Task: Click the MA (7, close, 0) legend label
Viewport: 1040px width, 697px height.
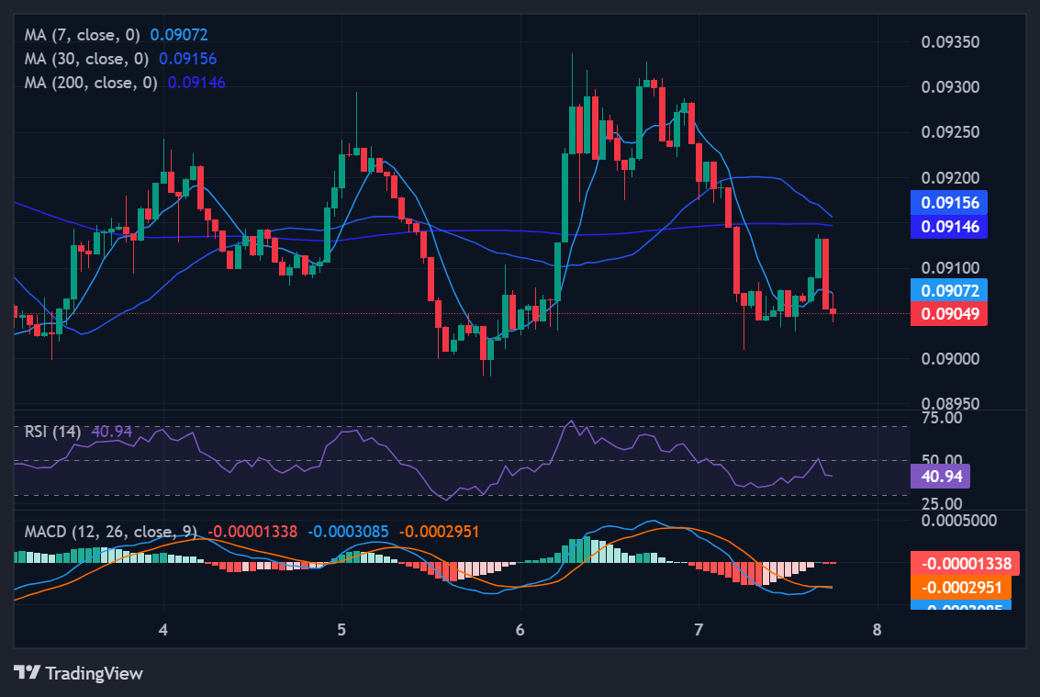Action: click(x=84, y=35)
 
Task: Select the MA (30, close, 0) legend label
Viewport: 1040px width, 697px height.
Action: click(x=88, y=59)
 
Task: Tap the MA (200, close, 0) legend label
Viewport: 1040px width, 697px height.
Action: click(x=92, y=83)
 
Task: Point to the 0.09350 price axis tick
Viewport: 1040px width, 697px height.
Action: click(x=949, y=42)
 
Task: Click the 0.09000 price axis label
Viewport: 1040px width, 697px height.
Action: click(x=949, y=359)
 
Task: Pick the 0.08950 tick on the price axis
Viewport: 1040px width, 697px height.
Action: click(x=949, y=404)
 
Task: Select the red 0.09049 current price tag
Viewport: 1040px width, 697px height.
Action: click(x=949, y=314)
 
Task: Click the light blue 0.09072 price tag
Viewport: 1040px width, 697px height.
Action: click(x=949, y=291)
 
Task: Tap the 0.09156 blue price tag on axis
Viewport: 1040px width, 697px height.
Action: click(x=949, y=203)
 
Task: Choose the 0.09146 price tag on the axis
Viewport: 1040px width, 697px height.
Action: click(x=949, y=226)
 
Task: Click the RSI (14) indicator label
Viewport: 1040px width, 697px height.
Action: click(x=52, y=431)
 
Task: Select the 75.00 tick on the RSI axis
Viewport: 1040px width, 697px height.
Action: click(x=941, y=418)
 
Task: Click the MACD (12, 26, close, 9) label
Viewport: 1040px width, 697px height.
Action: click(x=111, y=532)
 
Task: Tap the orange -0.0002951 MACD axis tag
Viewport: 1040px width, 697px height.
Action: click(x=961, y=588)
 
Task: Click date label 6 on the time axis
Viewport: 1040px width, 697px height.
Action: click(x=520, y=630)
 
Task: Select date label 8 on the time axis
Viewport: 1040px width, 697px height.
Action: click(x=877, y=630)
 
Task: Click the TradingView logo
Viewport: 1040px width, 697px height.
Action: click(x=79, y=673)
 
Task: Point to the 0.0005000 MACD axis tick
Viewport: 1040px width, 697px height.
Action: click(x=959, y=520)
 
